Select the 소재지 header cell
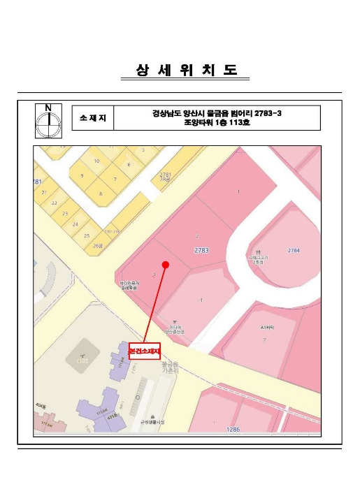(92, 118)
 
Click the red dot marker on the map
(166, 264)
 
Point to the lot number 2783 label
(203, 249)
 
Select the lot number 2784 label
(294, 249)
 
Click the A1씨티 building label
(266, 327)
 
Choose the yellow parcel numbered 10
(96, 161)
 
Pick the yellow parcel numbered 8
(101, 193)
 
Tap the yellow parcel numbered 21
(44, 192)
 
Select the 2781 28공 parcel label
(165, 176)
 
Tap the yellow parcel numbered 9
(82, 175)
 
